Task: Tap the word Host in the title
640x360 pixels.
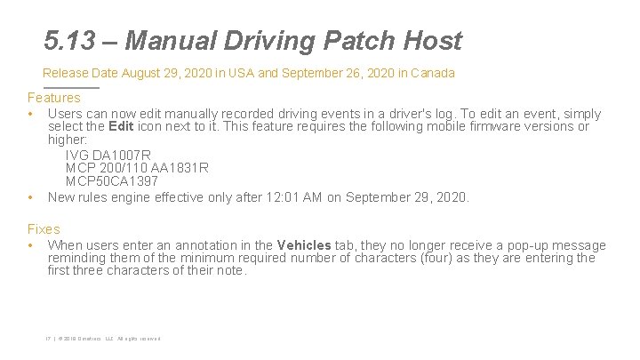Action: click(x=432, y=41)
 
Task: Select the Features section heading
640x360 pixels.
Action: click(x=53, y=98)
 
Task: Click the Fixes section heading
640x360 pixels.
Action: click(x=44, y=229)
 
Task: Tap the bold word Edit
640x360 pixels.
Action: click(x=121, y=127)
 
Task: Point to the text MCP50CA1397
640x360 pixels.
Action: click(x=112, y=181)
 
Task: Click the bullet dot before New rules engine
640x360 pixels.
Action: click(x=31, y=197)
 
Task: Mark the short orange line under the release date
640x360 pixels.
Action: click(x=71, y=87)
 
